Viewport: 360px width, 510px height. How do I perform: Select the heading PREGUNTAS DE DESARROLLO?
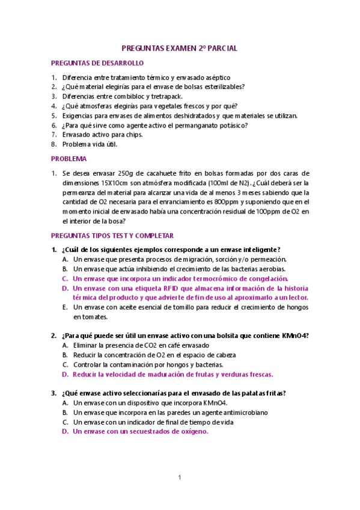[x=97, y=63]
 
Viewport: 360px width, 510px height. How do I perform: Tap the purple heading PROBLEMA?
[x=69, y=159]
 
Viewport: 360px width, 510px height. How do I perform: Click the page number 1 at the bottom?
[x=179, y=478]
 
